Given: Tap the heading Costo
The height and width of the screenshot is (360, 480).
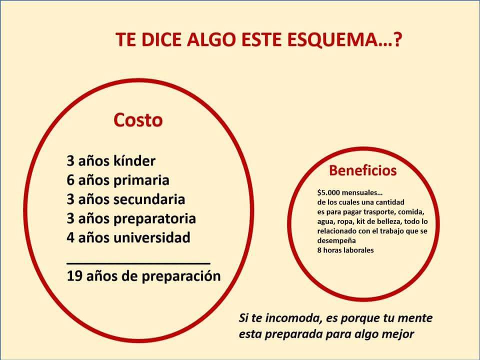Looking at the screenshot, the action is click(138, 120).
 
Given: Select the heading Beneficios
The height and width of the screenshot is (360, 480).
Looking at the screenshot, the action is click(363, 170).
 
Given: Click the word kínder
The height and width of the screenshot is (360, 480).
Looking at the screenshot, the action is click(134, 160).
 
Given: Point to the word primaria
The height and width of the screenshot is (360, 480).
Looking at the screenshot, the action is click(141, 180).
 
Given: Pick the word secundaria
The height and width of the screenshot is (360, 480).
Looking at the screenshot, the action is click(149, 199).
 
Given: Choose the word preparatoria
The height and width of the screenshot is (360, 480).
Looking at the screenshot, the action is click(154, 219).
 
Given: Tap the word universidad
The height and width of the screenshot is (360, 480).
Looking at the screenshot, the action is click(152, 237).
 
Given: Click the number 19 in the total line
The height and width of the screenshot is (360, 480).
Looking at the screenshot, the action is click(73, 276).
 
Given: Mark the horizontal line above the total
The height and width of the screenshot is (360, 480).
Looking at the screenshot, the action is click(138, 262).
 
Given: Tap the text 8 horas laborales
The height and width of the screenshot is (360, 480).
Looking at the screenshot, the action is click(345, 250).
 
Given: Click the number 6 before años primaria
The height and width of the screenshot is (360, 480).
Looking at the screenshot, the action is click(70, 180).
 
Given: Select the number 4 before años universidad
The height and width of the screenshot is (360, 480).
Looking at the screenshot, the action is click(70, 237).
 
